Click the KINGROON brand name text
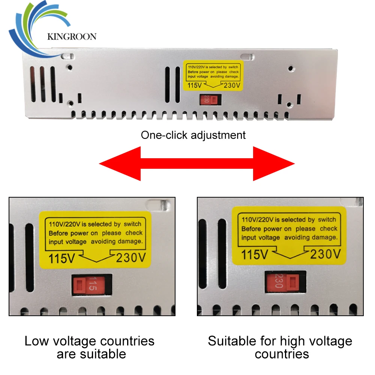[x=72, y=36]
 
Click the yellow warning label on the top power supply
[x=212, y=76]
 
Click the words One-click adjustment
[x=193, y=135]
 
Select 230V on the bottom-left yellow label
[x=130, y=258]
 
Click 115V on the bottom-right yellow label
[x=255, y=255]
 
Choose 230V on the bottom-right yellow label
[x=325, y=254]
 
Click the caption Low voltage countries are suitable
[x=89, y=347]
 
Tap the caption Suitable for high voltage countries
[x=280, y=347]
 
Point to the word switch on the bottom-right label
[x=327, y=220]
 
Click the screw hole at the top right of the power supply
[x=291, y=69]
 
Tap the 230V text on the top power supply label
[x=231, y=85]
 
